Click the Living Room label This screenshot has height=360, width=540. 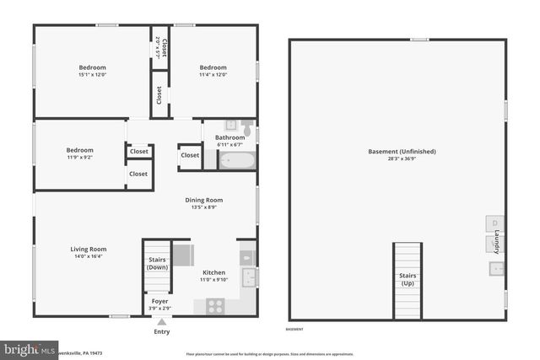[x=87, y=249]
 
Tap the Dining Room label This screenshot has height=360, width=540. [x=203, y=200]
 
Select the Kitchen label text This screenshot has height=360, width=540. [x=213, y=272]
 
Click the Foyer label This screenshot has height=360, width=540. [x=159, y=301]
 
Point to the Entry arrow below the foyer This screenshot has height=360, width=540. [x=161, y=321]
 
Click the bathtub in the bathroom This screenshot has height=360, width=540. [x=237, y=159]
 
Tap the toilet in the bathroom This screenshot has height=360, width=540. [x=247, y=127]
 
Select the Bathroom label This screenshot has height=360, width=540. [x=229, y=137]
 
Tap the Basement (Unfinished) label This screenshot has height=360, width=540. [x=402, y=152]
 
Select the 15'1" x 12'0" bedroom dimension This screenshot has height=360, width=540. [x=92, y=75]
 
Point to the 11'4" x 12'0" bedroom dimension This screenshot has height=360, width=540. [x=213, y=75]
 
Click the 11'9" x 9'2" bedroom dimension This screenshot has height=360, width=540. [x=80, y=158]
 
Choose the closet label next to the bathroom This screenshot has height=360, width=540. [x=190, y=155]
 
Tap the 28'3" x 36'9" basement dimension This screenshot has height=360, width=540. [x=402, y=159]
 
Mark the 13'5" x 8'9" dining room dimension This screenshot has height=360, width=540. [x=203, y=207]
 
